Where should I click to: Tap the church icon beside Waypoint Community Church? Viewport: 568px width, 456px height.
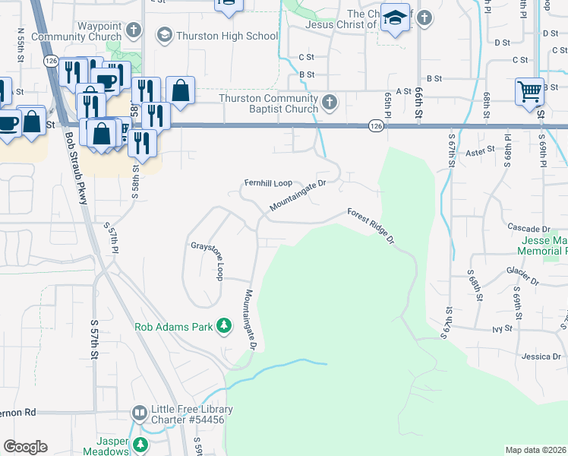click(x=134, y=31)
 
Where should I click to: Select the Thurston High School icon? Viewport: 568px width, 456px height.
click(x=164, y=35)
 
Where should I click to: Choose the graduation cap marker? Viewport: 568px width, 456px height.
click(x=395, y=17)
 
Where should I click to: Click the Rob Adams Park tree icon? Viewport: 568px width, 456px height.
click(x=224, y=327)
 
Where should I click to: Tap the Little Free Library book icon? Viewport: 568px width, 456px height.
click(x=139, y=413)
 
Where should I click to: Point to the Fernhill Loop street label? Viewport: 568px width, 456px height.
click(x=268, y=183)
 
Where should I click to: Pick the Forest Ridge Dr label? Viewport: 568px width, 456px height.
click(x=371, y=226)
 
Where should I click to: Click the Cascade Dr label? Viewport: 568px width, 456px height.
click(x=529, y=228)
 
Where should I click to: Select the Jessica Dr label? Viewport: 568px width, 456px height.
click(x=541, y=356)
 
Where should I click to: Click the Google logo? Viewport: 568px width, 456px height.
click(x=25, y=447)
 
